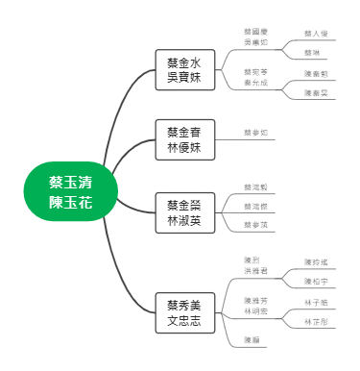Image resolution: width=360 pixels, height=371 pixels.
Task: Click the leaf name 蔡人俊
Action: [x=316, y=33]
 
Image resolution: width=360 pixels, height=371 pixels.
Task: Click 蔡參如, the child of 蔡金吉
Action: [x=255, y=133]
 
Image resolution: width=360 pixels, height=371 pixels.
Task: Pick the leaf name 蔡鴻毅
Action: [x=255, y=187]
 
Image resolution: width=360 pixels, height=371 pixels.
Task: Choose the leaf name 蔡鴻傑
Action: [x=255, y=207]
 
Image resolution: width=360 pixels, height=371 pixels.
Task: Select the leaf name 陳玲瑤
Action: [x=316, y=261]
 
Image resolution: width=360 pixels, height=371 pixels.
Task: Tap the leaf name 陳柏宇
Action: [x=316, y=282]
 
